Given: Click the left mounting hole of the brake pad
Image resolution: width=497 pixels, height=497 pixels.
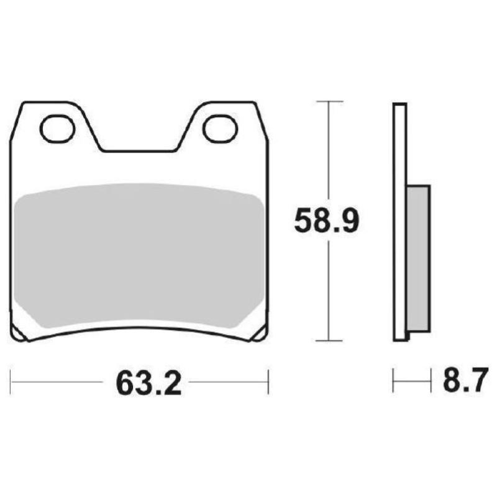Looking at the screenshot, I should point(57,129).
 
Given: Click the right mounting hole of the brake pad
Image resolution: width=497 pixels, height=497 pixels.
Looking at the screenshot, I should point(221,129).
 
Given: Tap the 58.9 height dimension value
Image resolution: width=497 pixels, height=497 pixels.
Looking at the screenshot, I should point(326,221).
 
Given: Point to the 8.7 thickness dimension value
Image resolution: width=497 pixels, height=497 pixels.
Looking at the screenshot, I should point(462,381).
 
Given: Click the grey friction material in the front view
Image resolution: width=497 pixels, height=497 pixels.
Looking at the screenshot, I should point(140,255).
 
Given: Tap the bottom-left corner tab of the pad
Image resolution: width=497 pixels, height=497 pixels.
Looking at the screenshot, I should point(19,335).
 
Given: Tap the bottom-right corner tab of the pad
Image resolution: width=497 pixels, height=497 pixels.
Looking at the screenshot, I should point(260,335).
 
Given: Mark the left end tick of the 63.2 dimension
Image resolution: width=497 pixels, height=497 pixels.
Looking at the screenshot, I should point(11,381).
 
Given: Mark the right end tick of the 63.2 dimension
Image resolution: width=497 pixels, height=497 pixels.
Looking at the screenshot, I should point(268,381).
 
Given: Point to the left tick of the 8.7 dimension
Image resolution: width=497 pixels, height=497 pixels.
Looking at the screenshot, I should point(393,380).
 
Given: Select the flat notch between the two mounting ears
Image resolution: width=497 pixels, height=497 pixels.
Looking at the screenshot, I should point(139,150).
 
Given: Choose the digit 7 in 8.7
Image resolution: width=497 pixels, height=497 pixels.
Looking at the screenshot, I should point(476,381).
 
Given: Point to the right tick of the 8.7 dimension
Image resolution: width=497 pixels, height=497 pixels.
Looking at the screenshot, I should point(430,380).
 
